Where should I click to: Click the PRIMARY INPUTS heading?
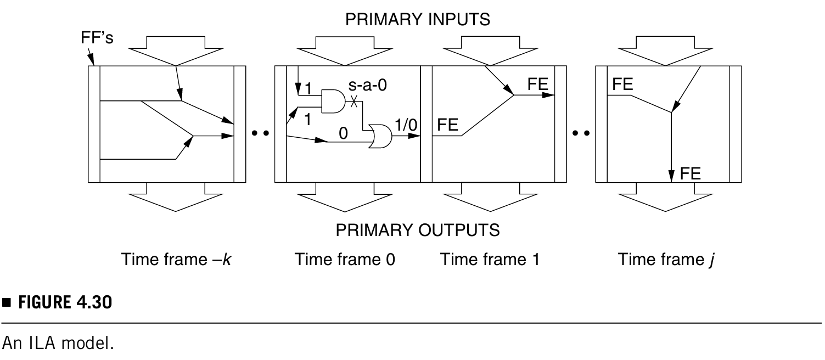(x=417, y=20)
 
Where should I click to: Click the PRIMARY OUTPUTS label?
(x=418, y=230)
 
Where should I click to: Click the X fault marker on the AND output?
(x=355, y=102)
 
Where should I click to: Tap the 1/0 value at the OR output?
(x=406, y=125)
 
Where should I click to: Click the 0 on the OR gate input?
(x=344, y=133)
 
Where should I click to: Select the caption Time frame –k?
(x=177, y=259)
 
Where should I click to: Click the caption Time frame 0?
(x=345, y=259)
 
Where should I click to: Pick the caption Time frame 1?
(x=490, y=259)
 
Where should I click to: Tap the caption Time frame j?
(x=665, y=259)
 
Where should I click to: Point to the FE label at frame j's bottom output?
(x=690, y=174)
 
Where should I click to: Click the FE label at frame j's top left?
(x=622, y=85)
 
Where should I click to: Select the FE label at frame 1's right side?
(x=538, y=85)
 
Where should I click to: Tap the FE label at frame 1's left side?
(x=447, y=125)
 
